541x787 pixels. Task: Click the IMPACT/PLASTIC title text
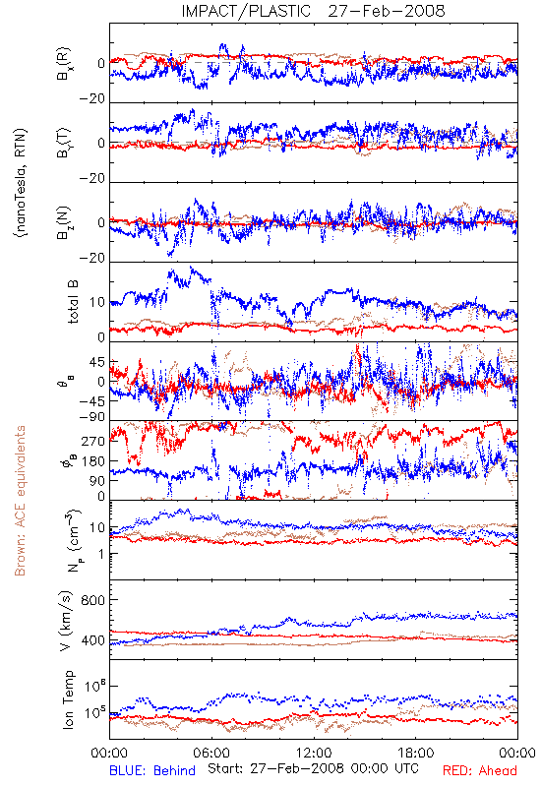[x=246, y=11]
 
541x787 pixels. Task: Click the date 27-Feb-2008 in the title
[x=387, y=11]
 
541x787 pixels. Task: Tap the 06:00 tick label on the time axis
[x=211, y=753]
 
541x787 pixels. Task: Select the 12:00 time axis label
[x=314, y=753]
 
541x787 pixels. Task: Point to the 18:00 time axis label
[x=415, y=753]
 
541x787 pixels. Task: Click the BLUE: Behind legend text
[x=152, y=770]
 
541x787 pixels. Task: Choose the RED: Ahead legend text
[x=479, y=770]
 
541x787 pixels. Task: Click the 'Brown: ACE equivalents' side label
[x=20, y=501]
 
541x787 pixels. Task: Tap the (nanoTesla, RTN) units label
[x=21, y=183]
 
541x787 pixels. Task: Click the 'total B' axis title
[x=73, y=302]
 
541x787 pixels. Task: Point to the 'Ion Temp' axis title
[x=68, y=699]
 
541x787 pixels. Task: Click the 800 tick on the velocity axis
[x=92, y=600]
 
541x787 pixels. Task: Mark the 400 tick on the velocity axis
[x=92, y=640]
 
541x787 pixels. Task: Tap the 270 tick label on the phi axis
[x=93, y=441]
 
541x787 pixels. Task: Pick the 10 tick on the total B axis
[x=97, y=303]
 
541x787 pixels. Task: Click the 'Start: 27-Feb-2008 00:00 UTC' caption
[x=313, y=768]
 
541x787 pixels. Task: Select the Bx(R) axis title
[x=64, y=64]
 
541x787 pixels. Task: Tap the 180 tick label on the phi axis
[x=93, y=460]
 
